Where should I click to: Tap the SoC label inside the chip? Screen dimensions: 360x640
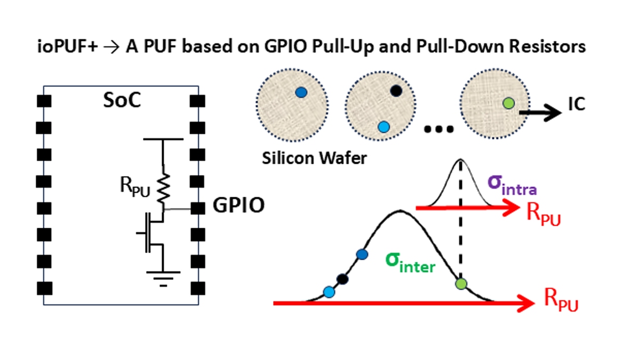[x=122, y=100]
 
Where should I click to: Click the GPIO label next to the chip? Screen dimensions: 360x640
[x=238, y=205]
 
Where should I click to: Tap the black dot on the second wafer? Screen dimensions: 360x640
[x=395, y=91]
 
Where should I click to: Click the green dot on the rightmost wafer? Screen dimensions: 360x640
[x=509, y=102]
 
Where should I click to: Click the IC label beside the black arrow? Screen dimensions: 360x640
[x=576, y=104]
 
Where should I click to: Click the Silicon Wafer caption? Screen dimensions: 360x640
[x=314, y=158]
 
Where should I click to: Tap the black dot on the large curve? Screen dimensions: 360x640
[x=342, y=278]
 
